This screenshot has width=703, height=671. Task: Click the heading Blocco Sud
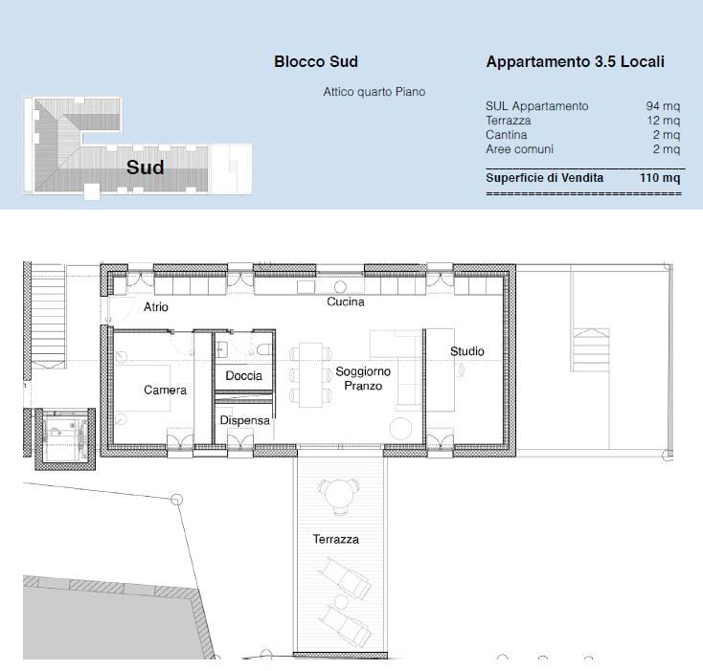pyautogui.click(x=315, y=62)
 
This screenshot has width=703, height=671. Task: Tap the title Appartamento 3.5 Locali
pyautogui.click(x=575, y=62)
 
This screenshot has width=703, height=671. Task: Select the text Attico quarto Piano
pyautogui.click(x=374, y=92)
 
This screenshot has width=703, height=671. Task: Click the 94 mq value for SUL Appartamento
pyautogui.click(x=663, y=106)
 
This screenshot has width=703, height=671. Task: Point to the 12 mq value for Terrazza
pyautogui.click(x=663, y=121)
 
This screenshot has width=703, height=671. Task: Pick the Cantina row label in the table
pyautogui.click(x=506, y=135)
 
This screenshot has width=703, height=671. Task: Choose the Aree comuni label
pyautogui.click(x=520, y=149)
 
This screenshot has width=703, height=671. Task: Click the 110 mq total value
pyautogui.click(x=660, y=178)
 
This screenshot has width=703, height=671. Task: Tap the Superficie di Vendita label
pyautogui.click(x=544, y=178)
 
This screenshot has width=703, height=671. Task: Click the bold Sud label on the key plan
pyautogui.click(x=146, y=168)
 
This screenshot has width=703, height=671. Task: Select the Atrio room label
pyautogui.click(x=156, y=307)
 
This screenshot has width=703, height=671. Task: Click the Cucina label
pyautogui.click(x=345, y=302)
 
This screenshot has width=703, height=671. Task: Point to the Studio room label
pyautogui.click(x=467, y=351)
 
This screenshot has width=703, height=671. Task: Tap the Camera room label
pyautogui.click(x=165, y=391)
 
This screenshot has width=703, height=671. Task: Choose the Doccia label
pyautogui.click(x=243, y=376)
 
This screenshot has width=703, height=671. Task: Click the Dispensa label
pyautogui.click(x=245, y=420)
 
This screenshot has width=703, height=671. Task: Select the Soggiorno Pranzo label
pyautogui.click(x=359, y=378)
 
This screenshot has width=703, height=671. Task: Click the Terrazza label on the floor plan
pyautogui.click(x=335, y=540)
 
